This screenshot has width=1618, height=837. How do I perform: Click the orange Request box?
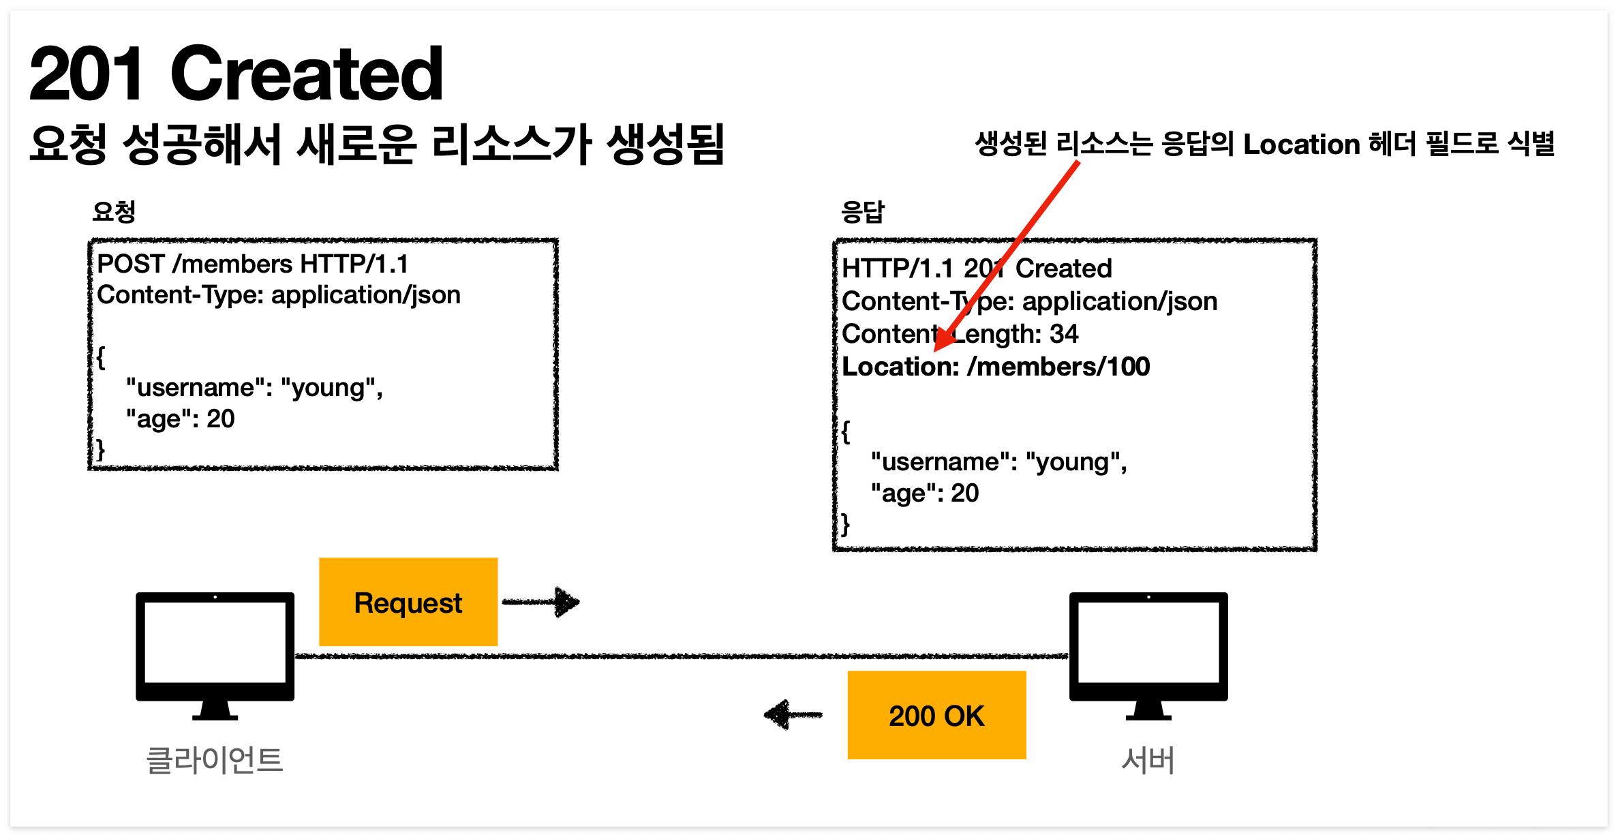408,602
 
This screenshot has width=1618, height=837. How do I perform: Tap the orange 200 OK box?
936,715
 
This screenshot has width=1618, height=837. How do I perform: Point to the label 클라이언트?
215,760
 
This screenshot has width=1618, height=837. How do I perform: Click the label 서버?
1148,760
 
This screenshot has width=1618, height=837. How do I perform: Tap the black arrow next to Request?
542,602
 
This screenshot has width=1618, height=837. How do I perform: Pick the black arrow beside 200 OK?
793,714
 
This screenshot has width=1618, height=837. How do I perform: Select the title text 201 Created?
236,74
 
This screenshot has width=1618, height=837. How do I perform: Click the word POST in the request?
131,264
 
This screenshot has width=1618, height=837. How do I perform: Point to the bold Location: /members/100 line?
996,367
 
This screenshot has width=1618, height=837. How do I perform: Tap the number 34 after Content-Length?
1064,334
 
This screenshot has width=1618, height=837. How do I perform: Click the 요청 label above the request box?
114,212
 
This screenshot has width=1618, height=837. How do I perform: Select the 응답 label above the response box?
862,212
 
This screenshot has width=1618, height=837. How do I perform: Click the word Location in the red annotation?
1301,144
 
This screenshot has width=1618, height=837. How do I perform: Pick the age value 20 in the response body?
964,493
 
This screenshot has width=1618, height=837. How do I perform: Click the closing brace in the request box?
101,450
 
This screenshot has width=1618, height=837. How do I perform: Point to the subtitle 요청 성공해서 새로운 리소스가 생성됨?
376,144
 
